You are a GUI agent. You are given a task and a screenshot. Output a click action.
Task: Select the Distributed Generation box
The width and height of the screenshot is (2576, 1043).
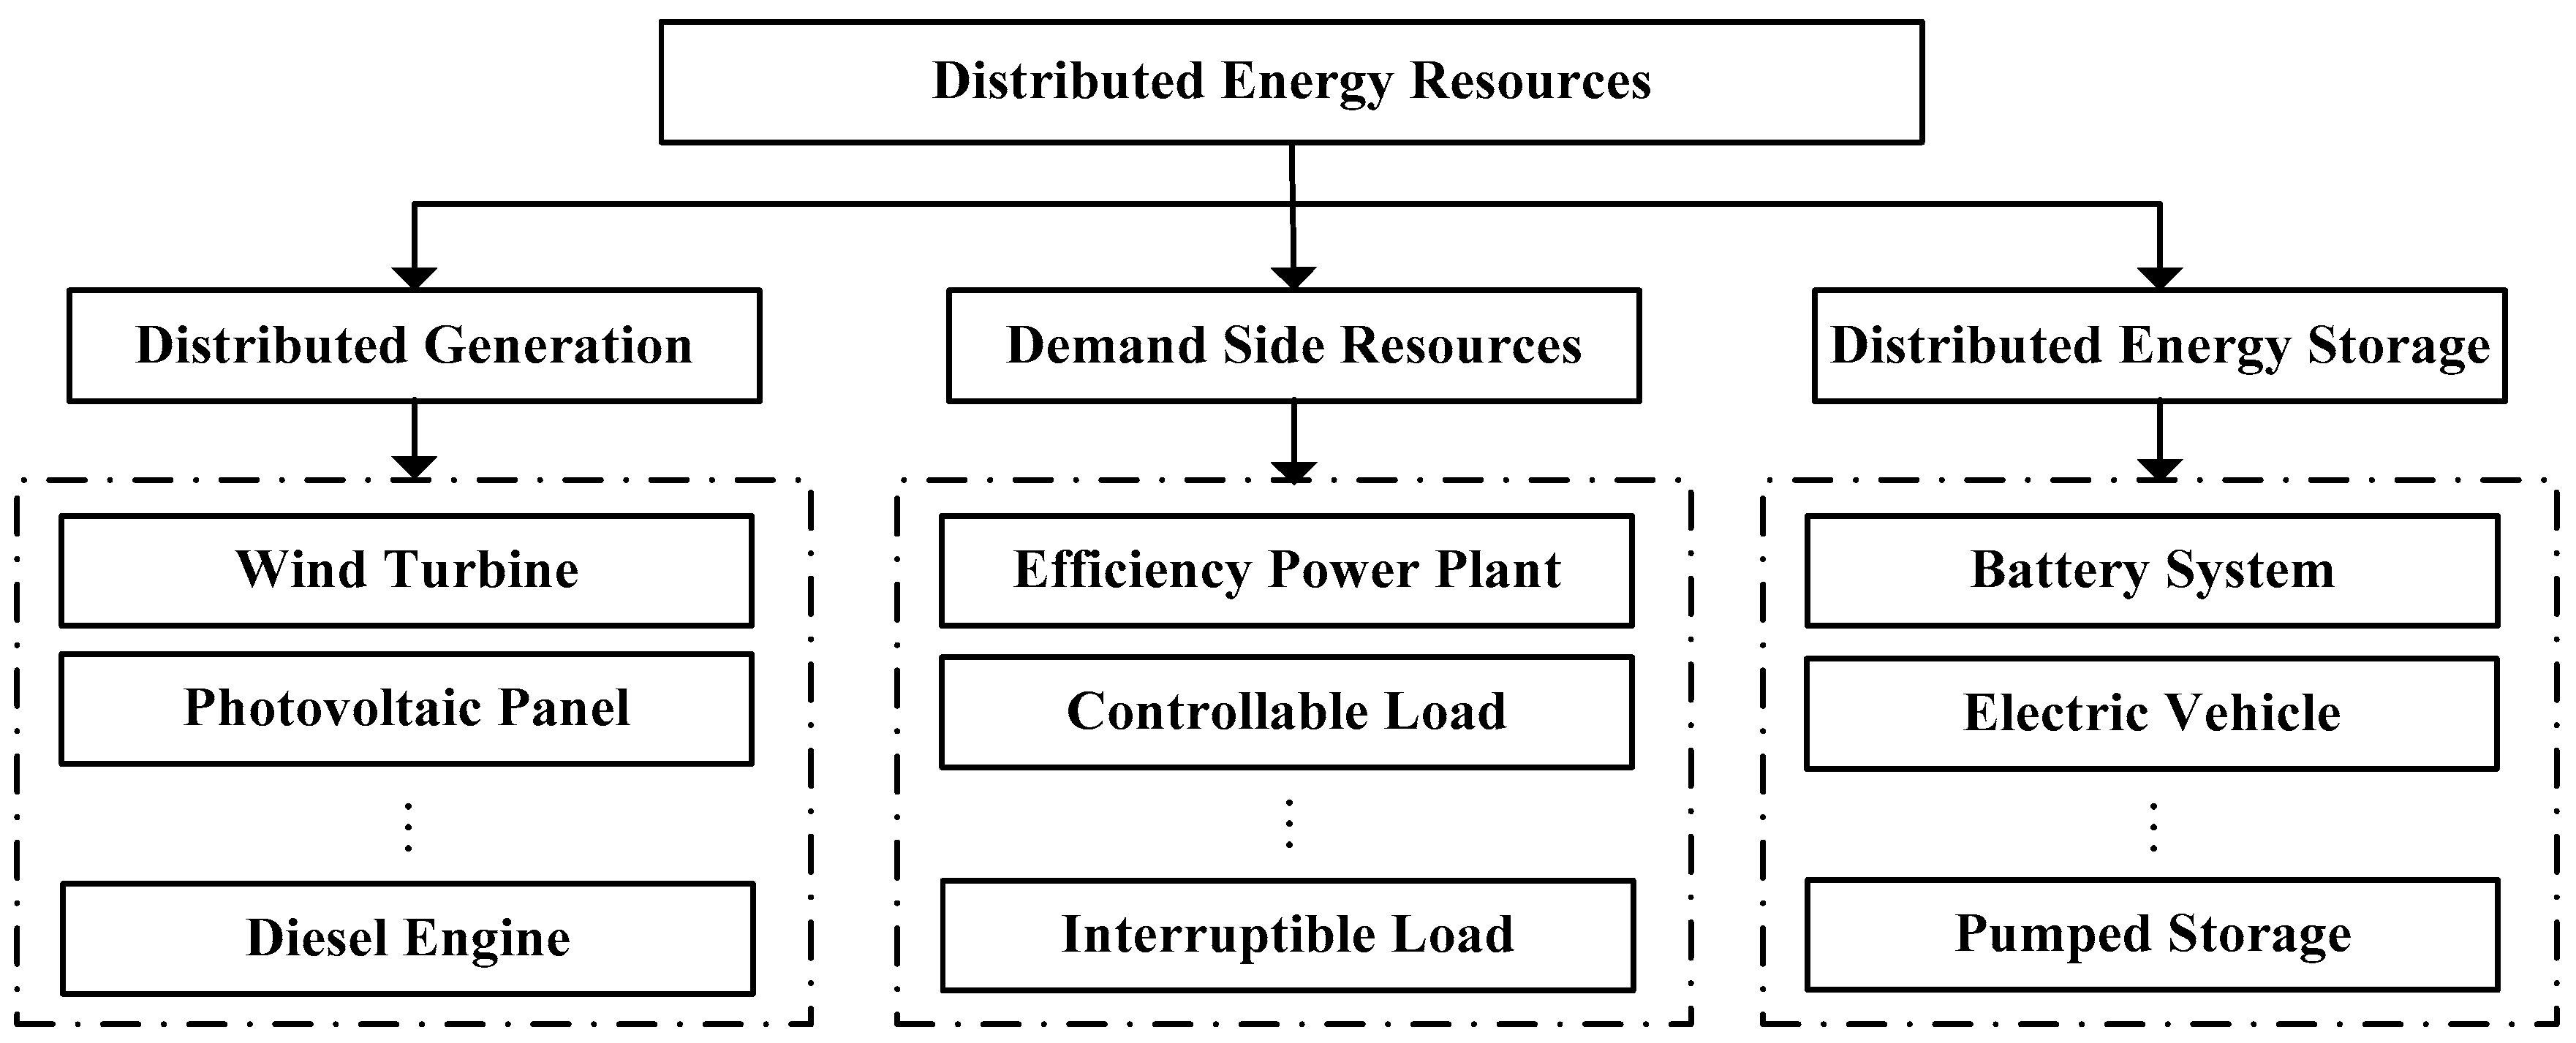[x=414, y=346]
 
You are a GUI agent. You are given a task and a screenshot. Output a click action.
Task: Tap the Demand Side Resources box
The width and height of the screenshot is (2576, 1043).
[x=1293, y=346]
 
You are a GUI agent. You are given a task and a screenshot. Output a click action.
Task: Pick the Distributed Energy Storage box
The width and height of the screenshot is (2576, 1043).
[x=2159, y=346]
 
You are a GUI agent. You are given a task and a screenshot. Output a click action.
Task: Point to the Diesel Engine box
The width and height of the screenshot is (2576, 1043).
[x=407, y=938]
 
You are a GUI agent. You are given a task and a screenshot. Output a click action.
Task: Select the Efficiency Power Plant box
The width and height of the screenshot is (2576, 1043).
[x=1286, y=571]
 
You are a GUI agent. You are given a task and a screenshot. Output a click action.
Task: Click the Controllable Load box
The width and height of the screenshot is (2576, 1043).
[x=1286, y=712]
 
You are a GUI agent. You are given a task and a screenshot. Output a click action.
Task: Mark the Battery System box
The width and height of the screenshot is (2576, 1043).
[x=2151, y=571]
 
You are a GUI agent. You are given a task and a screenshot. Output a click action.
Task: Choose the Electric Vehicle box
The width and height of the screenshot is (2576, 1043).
[x=2151, y=713]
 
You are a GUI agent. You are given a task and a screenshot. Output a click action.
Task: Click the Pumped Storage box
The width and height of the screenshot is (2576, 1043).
[x=2152, y=935]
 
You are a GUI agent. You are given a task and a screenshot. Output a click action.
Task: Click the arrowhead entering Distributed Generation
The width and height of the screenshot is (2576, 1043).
[x=414, y=278]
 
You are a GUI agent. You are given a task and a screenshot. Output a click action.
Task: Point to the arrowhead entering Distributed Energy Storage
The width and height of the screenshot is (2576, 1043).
[x=2159, y=278]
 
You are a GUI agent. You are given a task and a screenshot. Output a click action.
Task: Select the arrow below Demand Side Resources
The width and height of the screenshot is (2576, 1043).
[x=1294, y=441]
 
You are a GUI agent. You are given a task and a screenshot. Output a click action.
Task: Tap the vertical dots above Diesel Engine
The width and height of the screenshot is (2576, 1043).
[x=408, y=826]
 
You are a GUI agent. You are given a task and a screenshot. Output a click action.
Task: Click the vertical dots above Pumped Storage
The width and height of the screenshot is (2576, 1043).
[x=2152, y=826]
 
